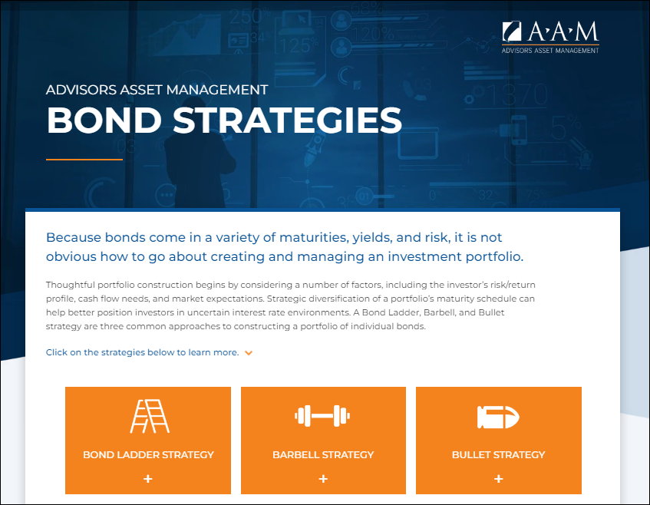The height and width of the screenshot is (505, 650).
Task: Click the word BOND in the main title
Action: [x=107, y=120]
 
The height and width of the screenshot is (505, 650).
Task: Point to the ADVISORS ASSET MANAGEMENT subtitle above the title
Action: [x=157, y=89]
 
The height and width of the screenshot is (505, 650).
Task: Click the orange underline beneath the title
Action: [x=84, y=160]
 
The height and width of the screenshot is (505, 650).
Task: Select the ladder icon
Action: [x=148, y=417]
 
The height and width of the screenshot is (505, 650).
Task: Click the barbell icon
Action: [x=323, y=417]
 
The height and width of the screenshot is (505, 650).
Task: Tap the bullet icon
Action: [x=498, y=417]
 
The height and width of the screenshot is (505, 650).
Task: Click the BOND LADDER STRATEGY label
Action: [x=148, y=454]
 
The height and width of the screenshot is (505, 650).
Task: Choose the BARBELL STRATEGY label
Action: [x=323, y=454]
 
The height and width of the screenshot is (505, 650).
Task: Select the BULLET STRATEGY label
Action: [x=498, y=454]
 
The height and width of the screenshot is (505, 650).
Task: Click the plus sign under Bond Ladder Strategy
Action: [x=148, y=479]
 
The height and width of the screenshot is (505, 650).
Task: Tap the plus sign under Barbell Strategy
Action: [x=323, y=479]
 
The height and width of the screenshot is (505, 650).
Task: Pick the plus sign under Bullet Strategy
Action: [x=498, y=479]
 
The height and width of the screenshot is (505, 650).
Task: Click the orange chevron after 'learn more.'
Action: [x=248, y=353]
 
